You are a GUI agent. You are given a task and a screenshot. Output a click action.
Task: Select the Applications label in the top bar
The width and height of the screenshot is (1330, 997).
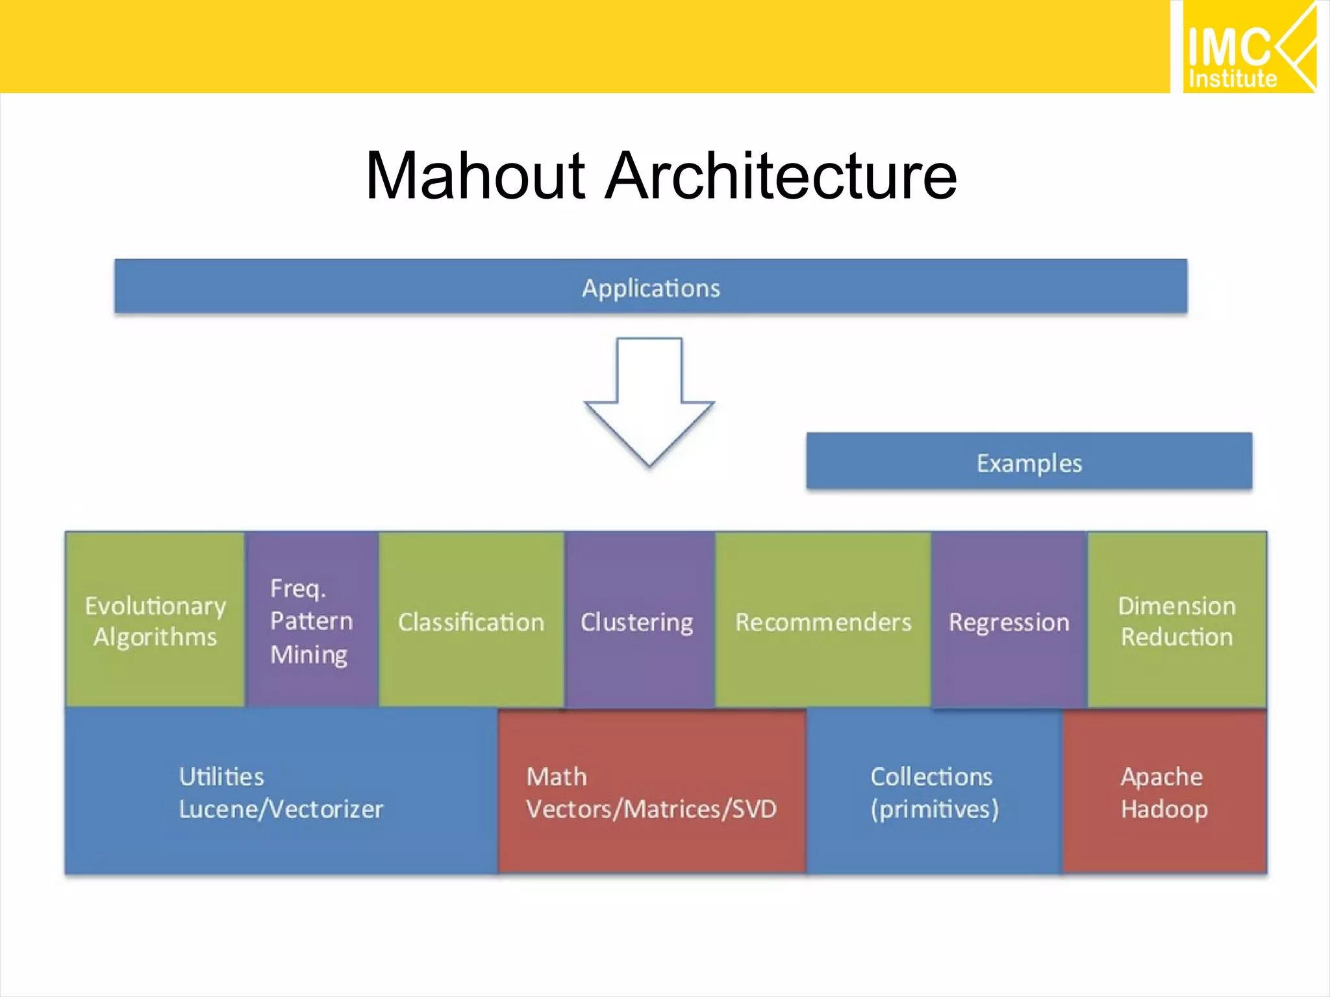pos(651,288)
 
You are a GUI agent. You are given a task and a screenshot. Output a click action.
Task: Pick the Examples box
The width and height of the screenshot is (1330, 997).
pos(1029,462)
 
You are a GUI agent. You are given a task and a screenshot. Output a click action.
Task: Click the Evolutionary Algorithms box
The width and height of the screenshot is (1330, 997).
pos(155,620)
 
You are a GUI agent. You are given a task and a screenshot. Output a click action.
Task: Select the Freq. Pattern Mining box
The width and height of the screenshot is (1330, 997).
pos(312,620)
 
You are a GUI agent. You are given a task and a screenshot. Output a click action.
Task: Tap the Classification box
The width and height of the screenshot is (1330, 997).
pos(471,621)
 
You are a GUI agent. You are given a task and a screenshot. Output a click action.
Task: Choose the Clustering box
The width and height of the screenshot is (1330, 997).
pos(637,621)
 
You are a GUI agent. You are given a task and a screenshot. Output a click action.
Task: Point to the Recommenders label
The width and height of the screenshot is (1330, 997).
pos(823,622)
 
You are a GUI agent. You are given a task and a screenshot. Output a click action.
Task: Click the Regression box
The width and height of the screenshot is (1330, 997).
pos(1009,622)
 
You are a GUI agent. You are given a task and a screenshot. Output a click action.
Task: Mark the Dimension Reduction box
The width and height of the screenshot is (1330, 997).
pos(1176,620)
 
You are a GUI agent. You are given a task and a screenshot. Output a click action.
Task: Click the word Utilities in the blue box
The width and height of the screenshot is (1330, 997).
pos(221,776)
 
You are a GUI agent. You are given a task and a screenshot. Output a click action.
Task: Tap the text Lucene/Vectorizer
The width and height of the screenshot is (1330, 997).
pos(281,809)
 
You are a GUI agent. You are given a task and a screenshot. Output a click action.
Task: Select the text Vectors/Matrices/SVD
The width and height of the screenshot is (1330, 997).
pos(651,809)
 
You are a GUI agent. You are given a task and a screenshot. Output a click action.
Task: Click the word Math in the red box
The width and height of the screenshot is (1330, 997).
pos(557,776)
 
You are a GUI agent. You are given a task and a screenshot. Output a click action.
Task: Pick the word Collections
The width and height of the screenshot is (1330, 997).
pos(931,776)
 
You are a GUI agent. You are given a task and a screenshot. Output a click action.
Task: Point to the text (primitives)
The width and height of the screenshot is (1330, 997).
pos(934,809)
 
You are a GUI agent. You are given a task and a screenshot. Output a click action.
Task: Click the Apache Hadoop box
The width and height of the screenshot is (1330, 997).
pos(1164,792)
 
